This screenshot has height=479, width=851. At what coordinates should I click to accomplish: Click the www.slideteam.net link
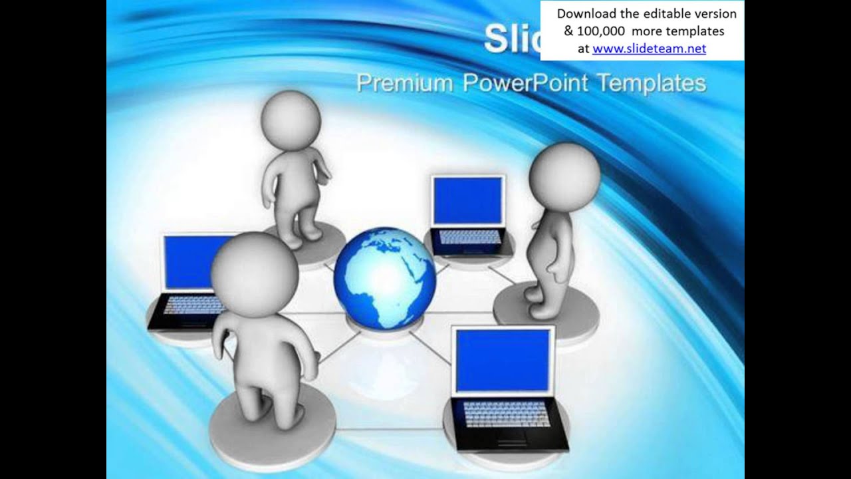pos(649,49)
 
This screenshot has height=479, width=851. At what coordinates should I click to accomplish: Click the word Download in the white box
pos(583,14)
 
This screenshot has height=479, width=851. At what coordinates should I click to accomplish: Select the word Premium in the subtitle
pos(404,84)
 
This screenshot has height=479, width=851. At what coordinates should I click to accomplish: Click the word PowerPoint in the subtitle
pos(525,84)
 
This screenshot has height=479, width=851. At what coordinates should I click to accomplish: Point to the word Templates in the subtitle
pos(652,84)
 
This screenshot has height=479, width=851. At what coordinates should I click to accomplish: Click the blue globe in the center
pos(384,278)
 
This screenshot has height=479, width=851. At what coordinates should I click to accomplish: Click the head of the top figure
pos(291,120)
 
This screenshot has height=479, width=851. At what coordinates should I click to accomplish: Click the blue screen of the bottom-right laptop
pos(503,359)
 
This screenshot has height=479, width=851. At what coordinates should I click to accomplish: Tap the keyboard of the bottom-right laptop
pos(507,414)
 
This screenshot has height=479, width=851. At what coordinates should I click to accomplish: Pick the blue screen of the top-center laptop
pos(467,201)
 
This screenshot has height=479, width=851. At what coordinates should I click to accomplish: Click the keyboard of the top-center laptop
pos(469,237)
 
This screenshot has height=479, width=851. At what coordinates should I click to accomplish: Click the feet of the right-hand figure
pos(541,303)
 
